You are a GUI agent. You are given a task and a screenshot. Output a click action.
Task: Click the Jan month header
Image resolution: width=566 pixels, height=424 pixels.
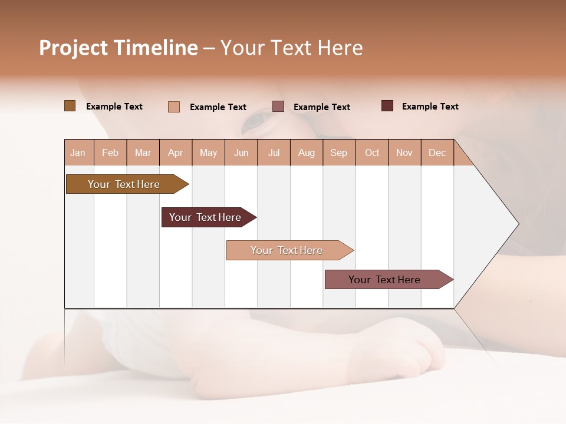click(x=78, y=153)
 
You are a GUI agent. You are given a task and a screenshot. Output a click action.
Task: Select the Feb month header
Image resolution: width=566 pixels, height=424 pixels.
click(x=110, y=153)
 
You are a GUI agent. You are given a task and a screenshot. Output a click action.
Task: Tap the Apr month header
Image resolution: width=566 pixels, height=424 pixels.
click(x=175, y=153)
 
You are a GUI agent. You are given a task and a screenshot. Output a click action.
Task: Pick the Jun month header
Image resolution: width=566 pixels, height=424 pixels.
click(x=241, y=153)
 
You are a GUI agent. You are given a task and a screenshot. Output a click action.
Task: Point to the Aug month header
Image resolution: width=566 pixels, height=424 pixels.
click(x=307, y=153)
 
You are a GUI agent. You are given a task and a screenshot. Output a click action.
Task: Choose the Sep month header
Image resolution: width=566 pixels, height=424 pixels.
click(x=339, y=153)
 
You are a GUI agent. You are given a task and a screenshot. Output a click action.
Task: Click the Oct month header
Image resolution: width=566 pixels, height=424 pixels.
click(x=372, y=153)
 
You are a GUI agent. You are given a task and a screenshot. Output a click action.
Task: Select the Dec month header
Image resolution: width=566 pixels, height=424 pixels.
click(x=437, y=153)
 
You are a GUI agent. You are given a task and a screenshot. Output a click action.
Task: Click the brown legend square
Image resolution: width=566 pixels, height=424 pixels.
click(x=70, y=106)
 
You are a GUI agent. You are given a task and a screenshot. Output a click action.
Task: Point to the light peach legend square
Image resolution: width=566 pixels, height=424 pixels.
click(x=174, y=107)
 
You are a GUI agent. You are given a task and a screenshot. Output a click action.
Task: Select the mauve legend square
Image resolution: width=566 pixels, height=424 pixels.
click(x=278, y=107)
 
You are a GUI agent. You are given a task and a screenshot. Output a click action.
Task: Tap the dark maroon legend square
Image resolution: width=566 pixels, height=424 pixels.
click(x=387, y=106)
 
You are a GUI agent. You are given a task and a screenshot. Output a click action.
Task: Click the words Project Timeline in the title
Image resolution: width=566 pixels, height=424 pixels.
click(x=119, y=48)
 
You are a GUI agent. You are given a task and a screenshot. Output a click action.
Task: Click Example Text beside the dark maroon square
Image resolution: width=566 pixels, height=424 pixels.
click(x=430, y=107)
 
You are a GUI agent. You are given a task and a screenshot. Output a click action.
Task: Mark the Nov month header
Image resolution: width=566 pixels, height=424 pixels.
click(x=404, y=153)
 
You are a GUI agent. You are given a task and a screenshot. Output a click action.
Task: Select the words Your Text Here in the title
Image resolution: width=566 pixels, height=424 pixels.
click(x=292, y=48)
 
